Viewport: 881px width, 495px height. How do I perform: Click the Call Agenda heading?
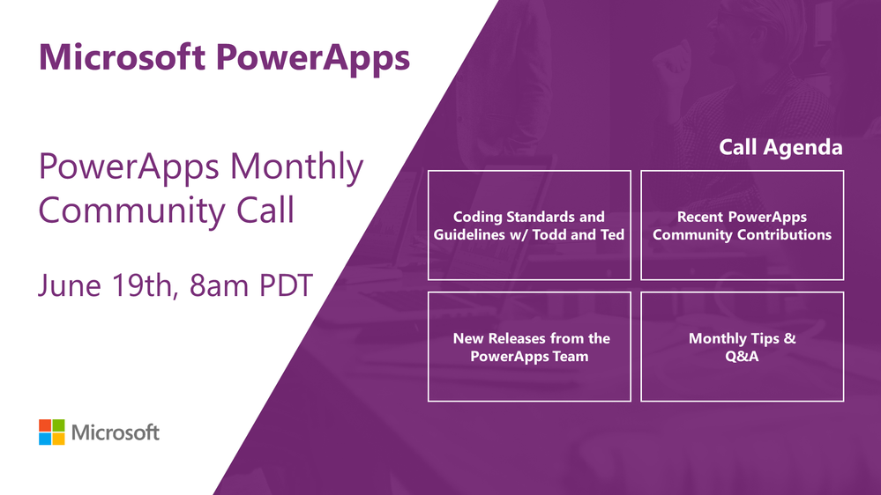[x=780, y=148]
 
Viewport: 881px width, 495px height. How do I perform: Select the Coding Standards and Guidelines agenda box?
[x=529, y=225]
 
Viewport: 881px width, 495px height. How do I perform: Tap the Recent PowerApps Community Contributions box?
[x=742, y=225]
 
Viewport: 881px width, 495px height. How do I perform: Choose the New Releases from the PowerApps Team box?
[x=529, y=347]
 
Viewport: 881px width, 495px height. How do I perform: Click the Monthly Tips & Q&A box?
[x=742, y=347]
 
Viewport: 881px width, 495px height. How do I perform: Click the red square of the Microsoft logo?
[x=45, y=425]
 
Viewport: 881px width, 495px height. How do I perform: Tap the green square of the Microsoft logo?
[x=58, y=425]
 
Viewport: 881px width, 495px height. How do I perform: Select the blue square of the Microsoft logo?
[x=45, y=439]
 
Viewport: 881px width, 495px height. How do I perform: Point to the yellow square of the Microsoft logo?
[x=58, y=439]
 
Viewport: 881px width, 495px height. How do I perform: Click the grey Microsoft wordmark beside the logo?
[x=116, y=432]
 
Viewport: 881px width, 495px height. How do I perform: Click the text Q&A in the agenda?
[x=742, y=357]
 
